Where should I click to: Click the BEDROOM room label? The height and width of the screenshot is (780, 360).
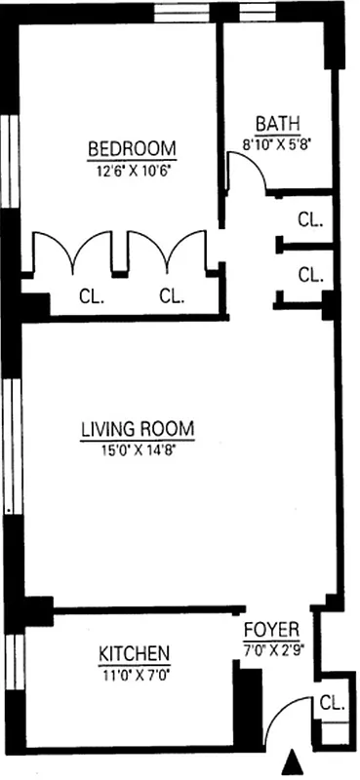tap(132, 149)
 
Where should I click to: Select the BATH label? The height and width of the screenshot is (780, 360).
tap(277, 124)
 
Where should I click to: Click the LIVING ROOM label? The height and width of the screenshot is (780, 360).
tap(138, 429)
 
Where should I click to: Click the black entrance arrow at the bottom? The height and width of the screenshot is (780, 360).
tap(290, 761)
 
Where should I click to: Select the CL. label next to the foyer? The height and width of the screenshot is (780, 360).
tap(330, 702)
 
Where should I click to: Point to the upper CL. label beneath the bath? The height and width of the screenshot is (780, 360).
tap(309, 219)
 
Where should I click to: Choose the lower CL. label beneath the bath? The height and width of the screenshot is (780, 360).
tap(309, 274)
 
